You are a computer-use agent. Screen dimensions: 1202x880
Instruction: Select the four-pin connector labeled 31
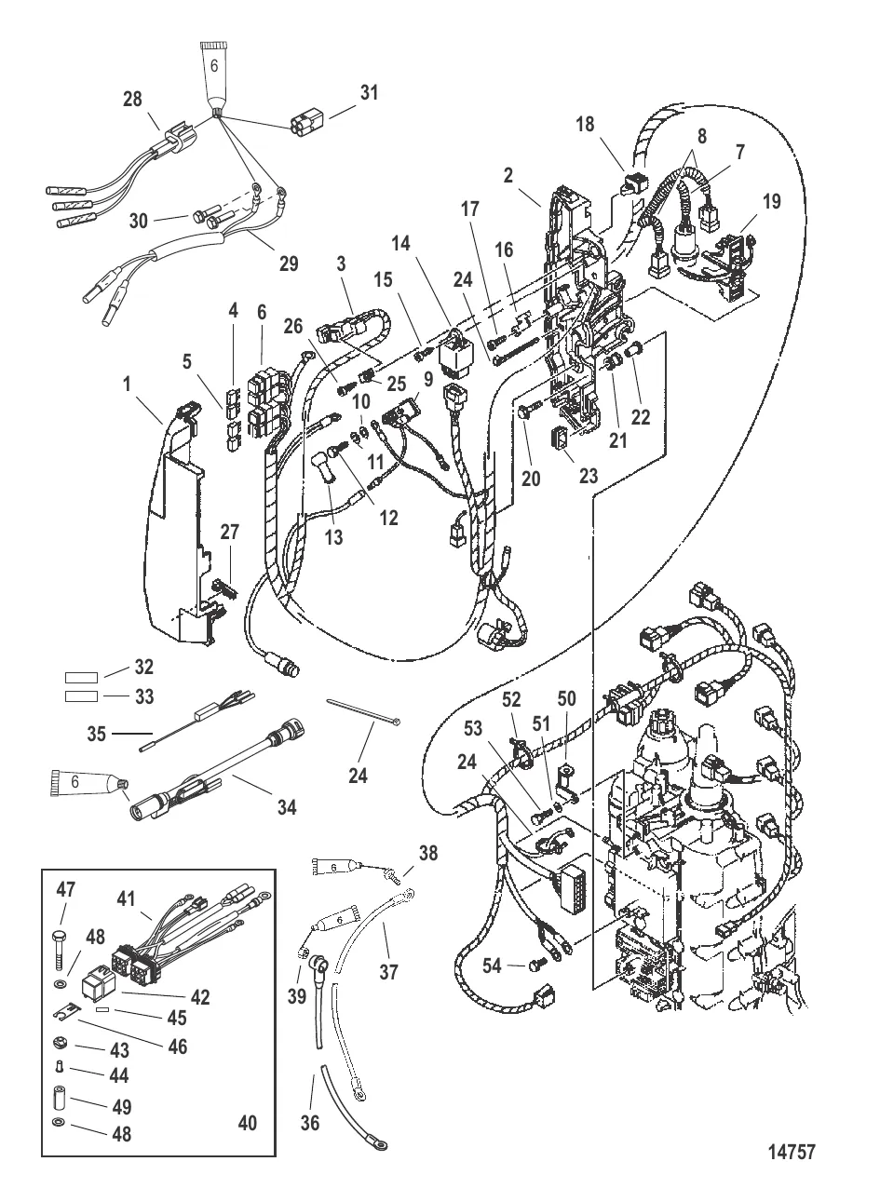point(305,124)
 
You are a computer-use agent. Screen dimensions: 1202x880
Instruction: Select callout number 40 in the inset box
point(246,1123)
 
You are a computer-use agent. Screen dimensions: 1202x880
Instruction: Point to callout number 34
point(286,807)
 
